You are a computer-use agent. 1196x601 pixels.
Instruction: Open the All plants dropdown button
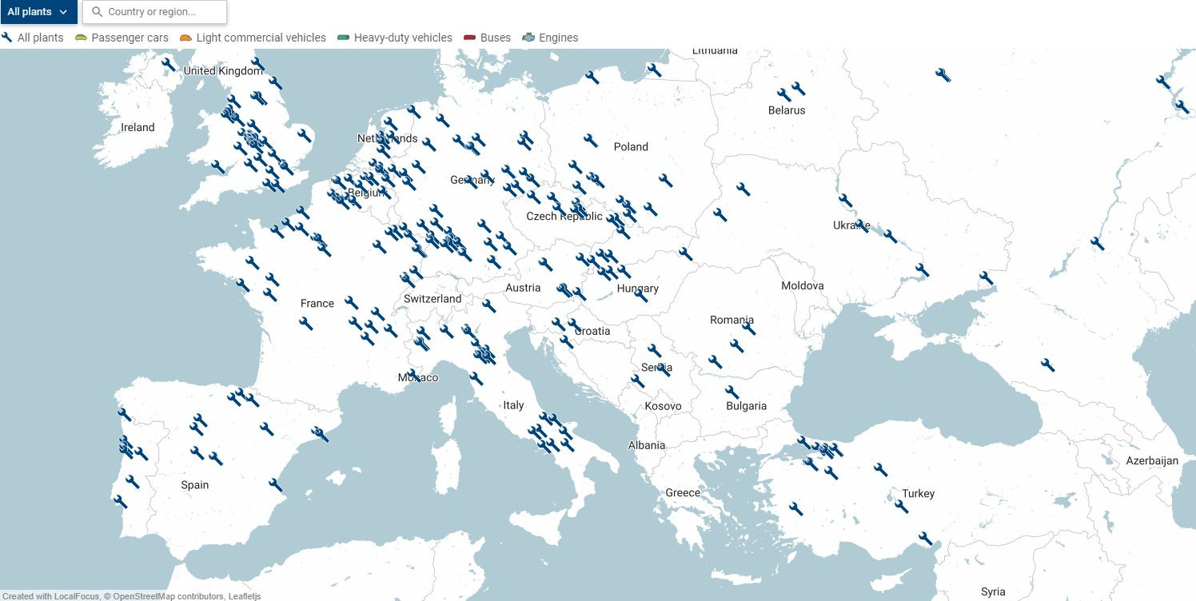pyautogui.click(x=38, y=12)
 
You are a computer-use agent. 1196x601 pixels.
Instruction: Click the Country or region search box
pyautogui.click(x=155, y=12)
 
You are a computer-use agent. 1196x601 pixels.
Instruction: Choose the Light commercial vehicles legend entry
pyautogui.click(x=253, y=38)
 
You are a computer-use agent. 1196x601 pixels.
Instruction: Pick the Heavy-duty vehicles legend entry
pyautogui.click(x=395, y=38)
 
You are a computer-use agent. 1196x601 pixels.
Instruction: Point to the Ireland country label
pyautogui.click(x=138, y=127)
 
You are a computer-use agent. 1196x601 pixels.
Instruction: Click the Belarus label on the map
pyautogui.click(x=786, y=110)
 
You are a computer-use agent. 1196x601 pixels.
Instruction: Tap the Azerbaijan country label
pyautogui.click(x=1152, y=461)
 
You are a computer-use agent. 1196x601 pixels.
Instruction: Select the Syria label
pyautogui.click(x=993, y=592)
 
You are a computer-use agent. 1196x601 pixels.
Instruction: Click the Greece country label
pyautogui.click(x=682, y=492)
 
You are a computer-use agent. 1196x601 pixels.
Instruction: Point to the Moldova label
pyautogui.click(x=802, y=285)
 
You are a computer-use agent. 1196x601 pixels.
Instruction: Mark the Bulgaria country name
pyautogui.click(x=746, y=406)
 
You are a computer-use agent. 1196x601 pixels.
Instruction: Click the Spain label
pyautogui.click(x=194, y=485)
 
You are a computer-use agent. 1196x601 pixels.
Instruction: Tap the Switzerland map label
pyautogui.click(x=433, y=299)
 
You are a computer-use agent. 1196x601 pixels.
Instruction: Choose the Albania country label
pyautogui.click(x=646, y=445)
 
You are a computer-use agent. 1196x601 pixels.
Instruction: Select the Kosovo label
pyautogui.click(x=663, y=406)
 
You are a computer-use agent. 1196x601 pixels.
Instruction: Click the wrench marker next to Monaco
pyautogui.click(x=413, y=374)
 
